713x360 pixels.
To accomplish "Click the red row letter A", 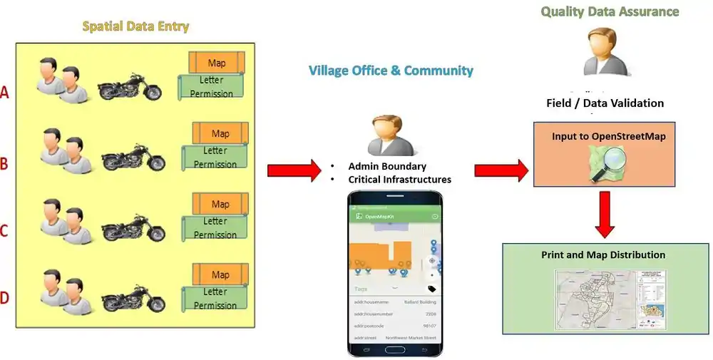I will tap(5, 92).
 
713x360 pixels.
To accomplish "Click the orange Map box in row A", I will tap(217, 63).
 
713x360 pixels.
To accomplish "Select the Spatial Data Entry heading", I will tap(135, 27).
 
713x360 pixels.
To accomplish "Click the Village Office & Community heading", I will tap(391, 71).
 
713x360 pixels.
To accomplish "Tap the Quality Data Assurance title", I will tap(609, 11).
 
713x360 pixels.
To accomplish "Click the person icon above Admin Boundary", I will tap(388, 136).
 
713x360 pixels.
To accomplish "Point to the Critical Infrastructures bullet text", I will tap(400, 179).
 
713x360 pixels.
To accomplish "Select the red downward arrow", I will tap(605, 214).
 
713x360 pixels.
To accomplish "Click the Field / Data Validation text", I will tap(605, 103).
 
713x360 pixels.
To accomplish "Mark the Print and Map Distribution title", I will tap(603, 254).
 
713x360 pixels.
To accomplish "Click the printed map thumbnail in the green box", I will tap(610, 299).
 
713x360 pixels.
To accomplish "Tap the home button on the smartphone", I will tap(395, 350).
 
